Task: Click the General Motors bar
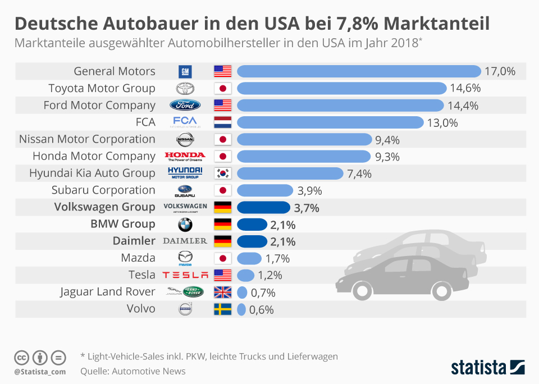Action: [359, 71]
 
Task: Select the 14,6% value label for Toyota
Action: [465, 88]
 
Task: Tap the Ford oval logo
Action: [185, 106]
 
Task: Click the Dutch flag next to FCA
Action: [222, 122]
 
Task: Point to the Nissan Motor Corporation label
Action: [87, 139]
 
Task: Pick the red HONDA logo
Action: [185, 156]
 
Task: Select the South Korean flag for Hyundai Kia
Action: [222, 173]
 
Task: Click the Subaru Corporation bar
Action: [265, 190]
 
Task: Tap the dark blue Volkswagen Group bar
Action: [263, 207]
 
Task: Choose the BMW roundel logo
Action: [185, 225]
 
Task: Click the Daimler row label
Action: [134, 241]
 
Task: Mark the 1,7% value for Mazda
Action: [277, 258]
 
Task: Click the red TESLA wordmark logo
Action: [185, 275]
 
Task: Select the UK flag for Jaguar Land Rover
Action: [222, 292]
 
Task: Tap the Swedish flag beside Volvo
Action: [222, 309]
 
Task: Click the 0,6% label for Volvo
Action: [262, 309]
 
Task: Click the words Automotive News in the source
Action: [149, 371]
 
